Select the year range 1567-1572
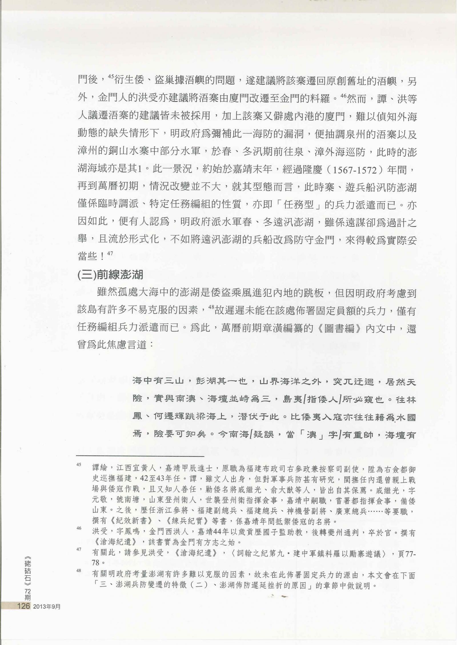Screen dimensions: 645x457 click(x=352, y=170)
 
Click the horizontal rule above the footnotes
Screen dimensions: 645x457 click(x=140, y=456)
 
